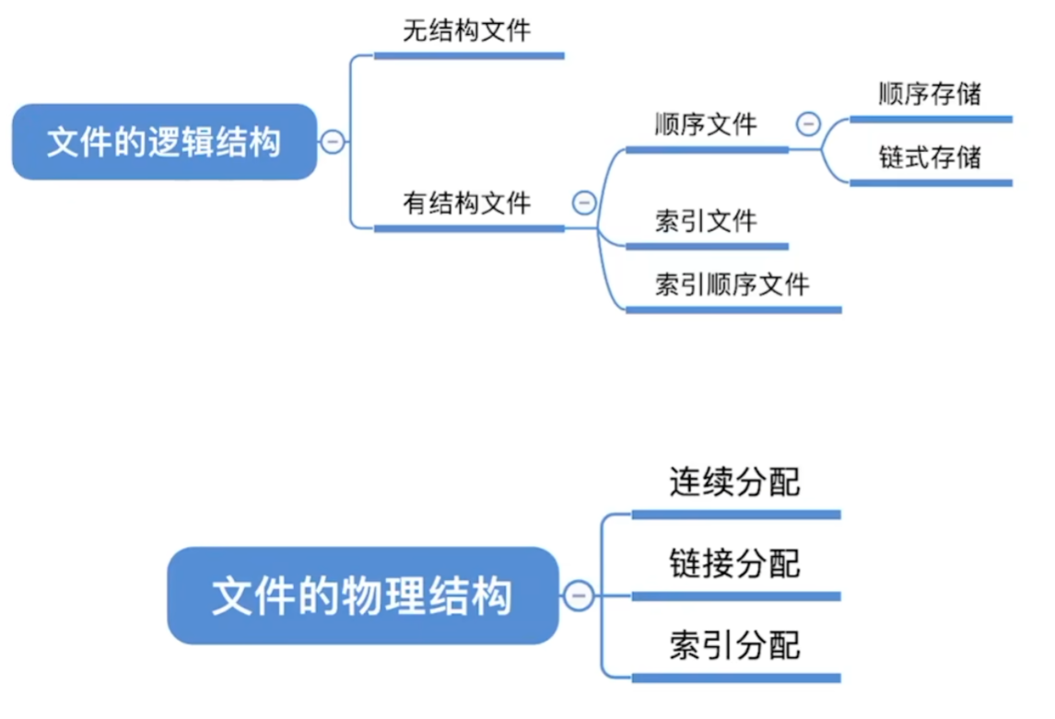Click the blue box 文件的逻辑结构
pos(164,142)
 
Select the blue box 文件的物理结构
pos(362,596)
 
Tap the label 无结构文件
pos(467,30)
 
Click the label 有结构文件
pos(467,202)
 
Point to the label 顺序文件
pos(706,123)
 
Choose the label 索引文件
pos(706,221)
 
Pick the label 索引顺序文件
pos(733,284)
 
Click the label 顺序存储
pos(930,94)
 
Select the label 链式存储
pos(930,157)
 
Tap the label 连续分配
pos(734,482)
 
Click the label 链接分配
pos(734,562)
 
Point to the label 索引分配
pos(734,644)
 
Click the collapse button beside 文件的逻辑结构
pos(332,142)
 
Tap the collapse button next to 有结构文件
pos(584,203)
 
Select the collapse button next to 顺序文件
pos(808,123)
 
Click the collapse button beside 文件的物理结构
pos(579,597)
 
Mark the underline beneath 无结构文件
pos(468,55)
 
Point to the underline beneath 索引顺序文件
pos(733,309)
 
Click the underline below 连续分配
pos(735,515)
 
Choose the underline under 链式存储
pos(931,183)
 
